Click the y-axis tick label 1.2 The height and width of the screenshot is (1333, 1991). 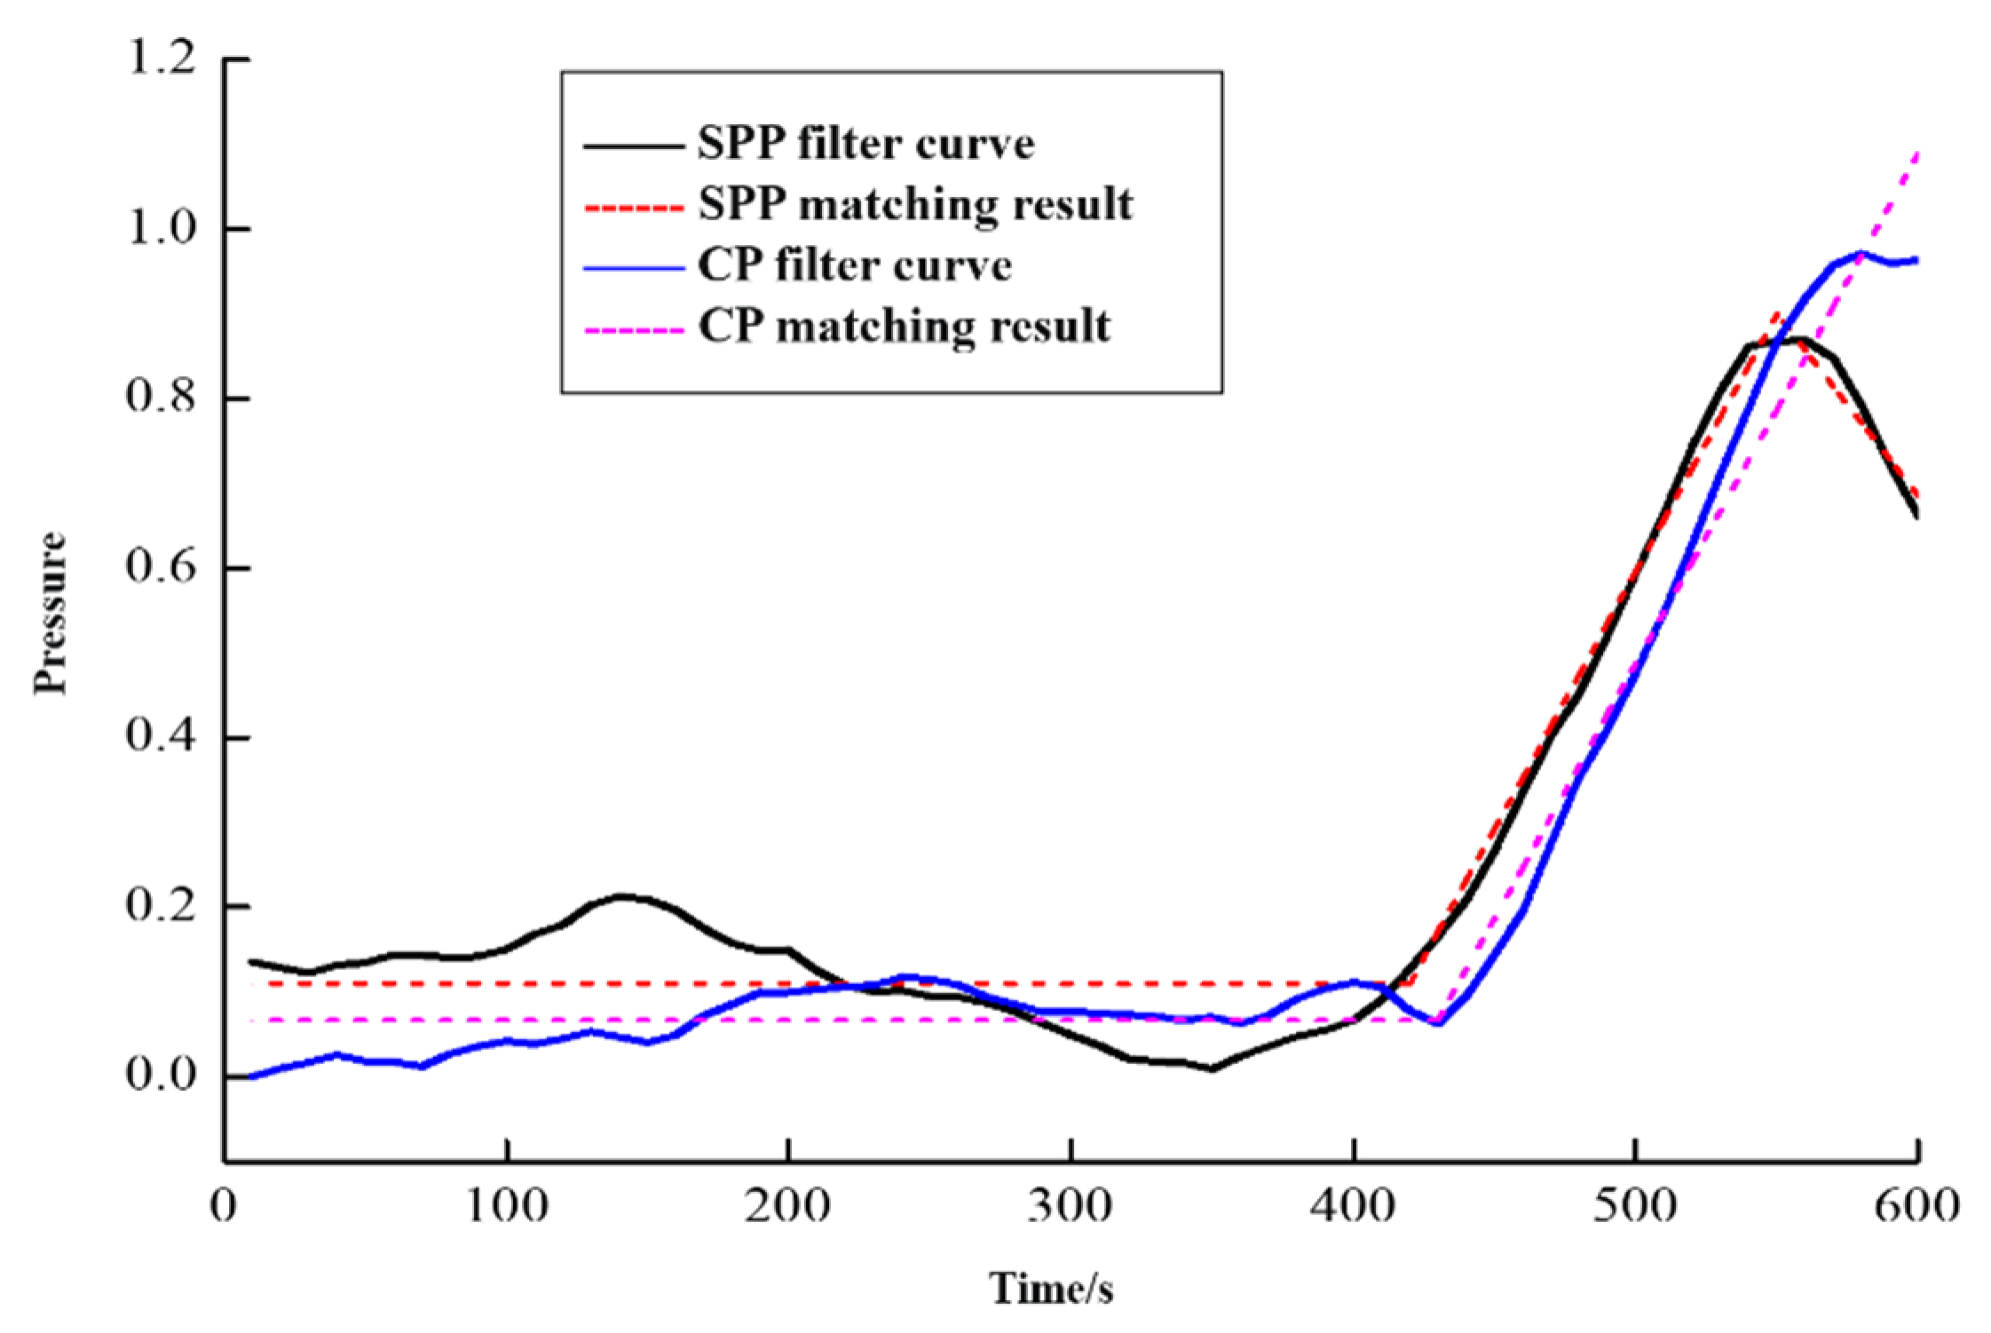point(160,59)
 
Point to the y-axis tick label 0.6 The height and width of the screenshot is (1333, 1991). point(160,568)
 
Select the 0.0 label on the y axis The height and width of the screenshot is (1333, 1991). point(160,1076)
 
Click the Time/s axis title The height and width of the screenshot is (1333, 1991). point(1052,1289)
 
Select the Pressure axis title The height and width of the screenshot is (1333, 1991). point(50,612)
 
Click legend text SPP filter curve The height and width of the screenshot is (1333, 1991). point(865,144)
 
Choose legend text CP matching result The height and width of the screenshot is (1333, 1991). point(904,327)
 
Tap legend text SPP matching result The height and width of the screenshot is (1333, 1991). point(915,205)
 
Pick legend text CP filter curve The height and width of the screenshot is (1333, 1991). point(854,266)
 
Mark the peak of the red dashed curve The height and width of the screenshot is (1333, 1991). point(1774,313)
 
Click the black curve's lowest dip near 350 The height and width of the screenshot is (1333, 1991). point(1212,1069)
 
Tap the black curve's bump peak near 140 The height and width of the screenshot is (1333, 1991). point(621,896)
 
